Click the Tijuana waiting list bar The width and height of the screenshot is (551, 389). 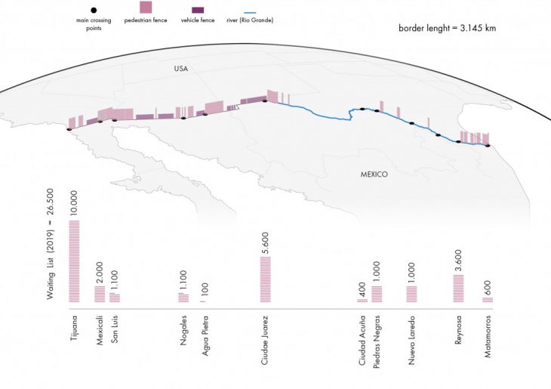point(74,261)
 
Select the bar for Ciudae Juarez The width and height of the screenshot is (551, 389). point(266,279)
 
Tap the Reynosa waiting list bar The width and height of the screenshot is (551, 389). point(458,289)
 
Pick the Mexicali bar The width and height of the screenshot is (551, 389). point(100,294)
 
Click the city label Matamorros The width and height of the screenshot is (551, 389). point(488,335)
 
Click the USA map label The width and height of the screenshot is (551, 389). point(180,69)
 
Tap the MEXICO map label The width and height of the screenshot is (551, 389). point(374,174)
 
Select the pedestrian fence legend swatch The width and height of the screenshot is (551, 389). point(146,8)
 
